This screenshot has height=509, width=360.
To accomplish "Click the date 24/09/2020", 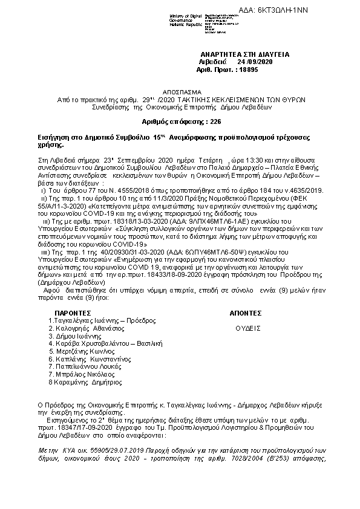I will tap(257, 62).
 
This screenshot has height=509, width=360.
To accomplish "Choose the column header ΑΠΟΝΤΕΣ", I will tap(245, 313).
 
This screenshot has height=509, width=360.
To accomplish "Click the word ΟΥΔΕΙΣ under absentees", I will tap(248, 328).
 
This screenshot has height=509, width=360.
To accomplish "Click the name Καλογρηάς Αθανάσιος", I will tap(89, 328).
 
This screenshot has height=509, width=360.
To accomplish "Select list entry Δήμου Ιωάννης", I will tap(76, 336).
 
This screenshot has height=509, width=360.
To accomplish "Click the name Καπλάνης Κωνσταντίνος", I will tap(92, 358).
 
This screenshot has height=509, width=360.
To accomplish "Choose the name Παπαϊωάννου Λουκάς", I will tap(91, 366).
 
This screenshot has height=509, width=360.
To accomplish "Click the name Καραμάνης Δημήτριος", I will tap(87, 381).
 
